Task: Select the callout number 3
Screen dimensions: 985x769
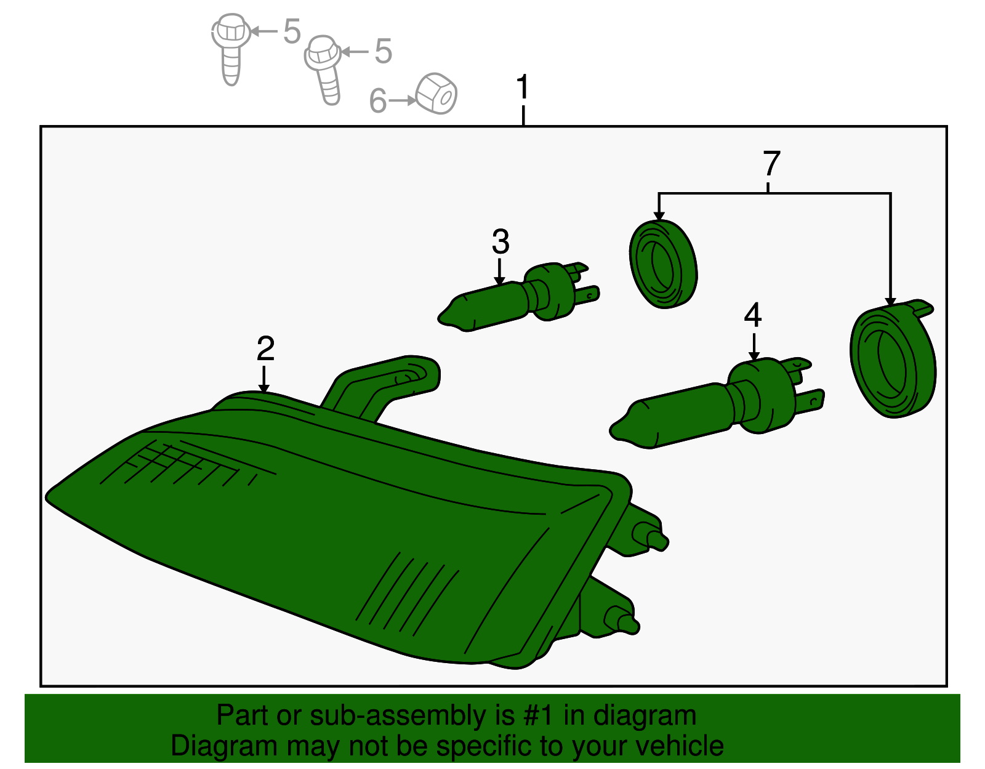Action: tap(501, 241)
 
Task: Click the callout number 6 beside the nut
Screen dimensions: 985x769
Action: tap(378, 100)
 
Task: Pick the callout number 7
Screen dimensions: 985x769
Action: tap(771, 163)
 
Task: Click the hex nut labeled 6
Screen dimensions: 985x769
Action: tap(436, 94)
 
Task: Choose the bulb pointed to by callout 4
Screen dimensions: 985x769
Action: tap(716, 403)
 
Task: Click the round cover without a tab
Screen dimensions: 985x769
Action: tap(663, 265)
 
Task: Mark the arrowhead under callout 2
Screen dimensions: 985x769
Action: tap(264, 389)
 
